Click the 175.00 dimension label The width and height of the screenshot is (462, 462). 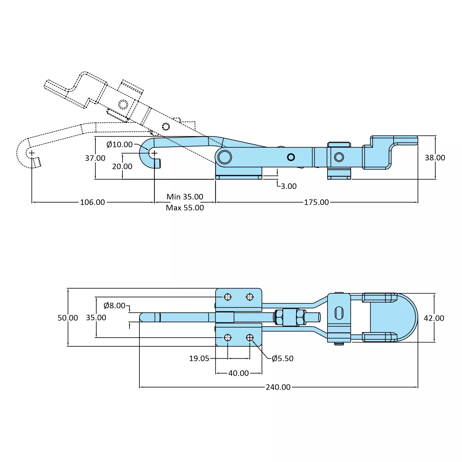316,202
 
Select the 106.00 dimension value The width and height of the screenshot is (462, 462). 92,202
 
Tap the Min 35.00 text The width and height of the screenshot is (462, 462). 185,197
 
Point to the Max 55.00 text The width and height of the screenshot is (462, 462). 185,208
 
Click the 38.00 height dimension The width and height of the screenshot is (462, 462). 435,158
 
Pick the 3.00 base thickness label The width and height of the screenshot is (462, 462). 288,186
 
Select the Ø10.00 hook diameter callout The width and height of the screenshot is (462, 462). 119,144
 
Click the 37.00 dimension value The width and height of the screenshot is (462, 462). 95,158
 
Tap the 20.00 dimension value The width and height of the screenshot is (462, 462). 122,167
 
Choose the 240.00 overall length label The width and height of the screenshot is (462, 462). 278,387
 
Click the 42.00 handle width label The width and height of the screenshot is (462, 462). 434,318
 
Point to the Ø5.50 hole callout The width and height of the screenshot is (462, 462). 283,358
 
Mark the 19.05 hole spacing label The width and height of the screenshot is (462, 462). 199,358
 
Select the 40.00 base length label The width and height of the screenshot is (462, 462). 239,373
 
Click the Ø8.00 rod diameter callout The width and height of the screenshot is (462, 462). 114,305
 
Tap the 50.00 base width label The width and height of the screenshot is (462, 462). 68,318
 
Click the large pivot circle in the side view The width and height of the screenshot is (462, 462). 225,157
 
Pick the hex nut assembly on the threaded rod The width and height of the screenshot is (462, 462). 290,317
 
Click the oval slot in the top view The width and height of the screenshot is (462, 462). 339,313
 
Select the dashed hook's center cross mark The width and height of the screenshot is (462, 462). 32,153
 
